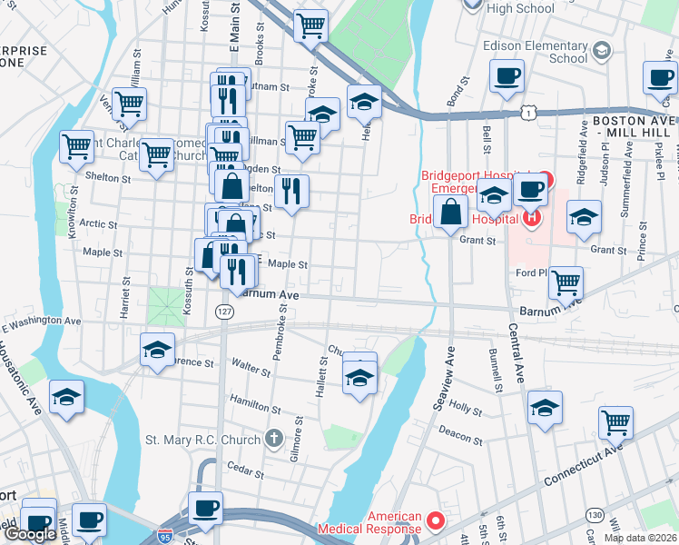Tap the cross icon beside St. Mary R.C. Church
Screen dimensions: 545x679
[275, 440]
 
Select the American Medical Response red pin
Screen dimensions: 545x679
[435, 522]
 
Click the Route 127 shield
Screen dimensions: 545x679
[224, 312]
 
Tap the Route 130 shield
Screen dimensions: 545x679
[594, 515]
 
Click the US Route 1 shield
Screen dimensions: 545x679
[527, 112]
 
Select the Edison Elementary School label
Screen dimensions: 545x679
[535, 52]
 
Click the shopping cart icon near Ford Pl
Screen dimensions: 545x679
[566, 283]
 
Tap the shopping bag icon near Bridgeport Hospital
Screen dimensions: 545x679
[451, 213]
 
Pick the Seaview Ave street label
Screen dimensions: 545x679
[446, 379]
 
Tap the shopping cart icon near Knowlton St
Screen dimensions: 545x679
[77, 146]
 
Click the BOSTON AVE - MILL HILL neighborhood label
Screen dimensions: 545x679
[634, 126]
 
